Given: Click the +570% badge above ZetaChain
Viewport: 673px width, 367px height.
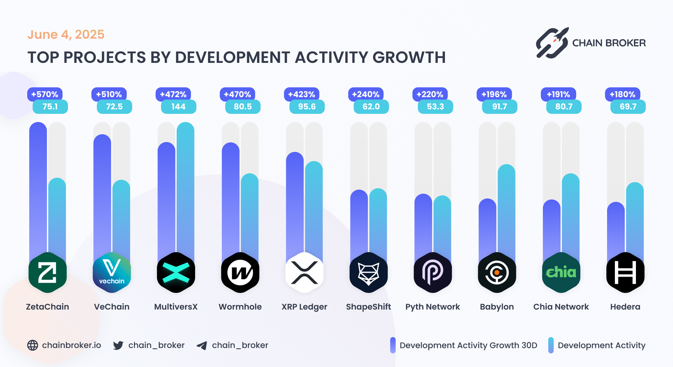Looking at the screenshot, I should click(45, 94).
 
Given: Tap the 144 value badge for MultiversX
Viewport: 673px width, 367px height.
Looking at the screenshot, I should click(178, 107).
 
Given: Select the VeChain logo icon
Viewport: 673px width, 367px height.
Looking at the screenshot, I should click(112, 273).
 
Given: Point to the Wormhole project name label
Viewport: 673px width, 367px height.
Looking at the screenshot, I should click(240, 307).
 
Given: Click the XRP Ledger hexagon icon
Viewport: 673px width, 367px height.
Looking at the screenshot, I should click(305, 273).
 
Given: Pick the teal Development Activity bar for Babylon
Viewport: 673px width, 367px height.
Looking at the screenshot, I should click(506, 211).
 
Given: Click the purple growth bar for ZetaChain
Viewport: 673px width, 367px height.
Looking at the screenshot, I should click(38, 190).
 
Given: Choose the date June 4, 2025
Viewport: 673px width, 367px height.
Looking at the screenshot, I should click(66, 35).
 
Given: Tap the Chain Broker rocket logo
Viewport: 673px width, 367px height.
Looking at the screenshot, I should click(552, 43).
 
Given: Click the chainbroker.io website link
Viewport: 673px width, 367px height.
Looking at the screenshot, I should click(71, 345).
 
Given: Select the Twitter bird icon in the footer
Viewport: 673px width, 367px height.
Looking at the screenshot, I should click(118, 346).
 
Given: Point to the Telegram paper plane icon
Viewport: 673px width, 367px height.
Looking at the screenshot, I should click(202, 346).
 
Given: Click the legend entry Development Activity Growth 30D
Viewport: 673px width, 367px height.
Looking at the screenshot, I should click(468, 345).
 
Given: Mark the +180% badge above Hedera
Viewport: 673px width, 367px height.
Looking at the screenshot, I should click(623, 94).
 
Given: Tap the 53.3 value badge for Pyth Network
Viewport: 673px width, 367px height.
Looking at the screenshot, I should click(435, 107).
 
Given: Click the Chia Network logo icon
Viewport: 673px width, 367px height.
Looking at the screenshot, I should click(561, 273).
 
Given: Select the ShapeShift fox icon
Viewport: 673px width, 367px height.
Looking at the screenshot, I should click(368, 273).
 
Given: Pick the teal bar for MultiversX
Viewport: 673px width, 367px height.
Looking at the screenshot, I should click(186, 190).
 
